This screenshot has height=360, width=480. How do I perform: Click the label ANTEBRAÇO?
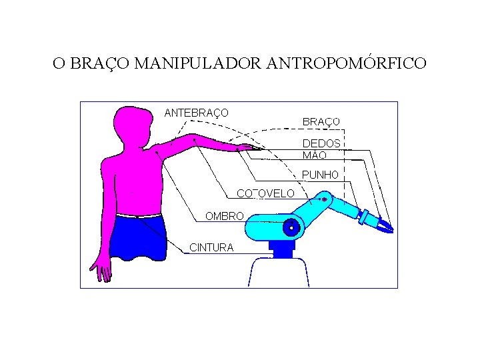click(196, 113)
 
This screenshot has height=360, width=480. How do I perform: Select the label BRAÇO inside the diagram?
click(321, 122)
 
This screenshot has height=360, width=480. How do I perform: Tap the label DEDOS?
click(321, 143)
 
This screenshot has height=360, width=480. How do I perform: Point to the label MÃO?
click(315, 155)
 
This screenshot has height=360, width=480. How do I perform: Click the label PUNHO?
click(321, 175)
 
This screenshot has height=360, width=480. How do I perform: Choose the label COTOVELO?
click(265, 193)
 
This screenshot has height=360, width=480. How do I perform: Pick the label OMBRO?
click(225, 216)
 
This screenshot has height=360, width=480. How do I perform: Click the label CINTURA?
click(211, 247)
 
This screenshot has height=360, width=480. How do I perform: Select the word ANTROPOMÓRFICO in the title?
click(346, 64)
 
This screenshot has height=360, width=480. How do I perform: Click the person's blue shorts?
click(137, 237)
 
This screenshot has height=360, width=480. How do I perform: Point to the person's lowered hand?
click(103, 271)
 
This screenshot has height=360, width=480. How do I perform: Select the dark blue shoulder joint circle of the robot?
click(291, 227)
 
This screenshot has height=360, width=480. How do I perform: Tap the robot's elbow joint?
click(325, 199)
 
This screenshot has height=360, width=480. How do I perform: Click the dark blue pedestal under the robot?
click(282, 249)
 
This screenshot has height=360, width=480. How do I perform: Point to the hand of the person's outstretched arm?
click(245, 147)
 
